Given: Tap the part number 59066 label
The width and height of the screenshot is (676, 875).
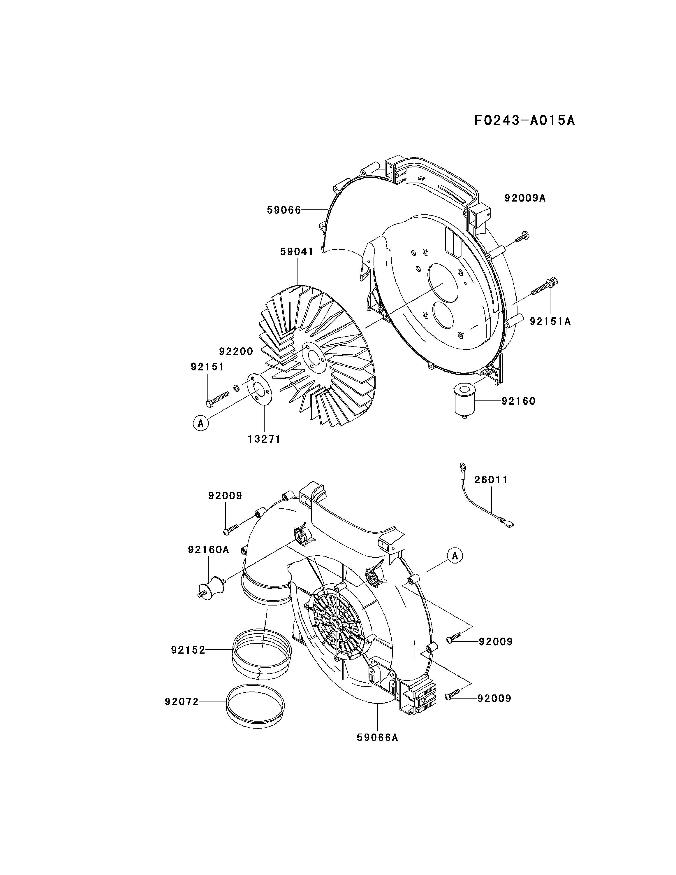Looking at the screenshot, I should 284,210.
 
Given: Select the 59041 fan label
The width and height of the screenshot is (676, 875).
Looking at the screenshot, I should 297,252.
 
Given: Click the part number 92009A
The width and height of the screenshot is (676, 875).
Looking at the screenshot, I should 525,198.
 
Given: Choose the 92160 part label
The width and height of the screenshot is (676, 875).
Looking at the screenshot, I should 518,401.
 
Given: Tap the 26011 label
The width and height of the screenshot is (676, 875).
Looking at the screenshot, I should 491,480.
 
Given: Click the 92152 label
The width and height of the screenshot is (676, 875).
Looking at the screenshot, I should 188,650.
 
